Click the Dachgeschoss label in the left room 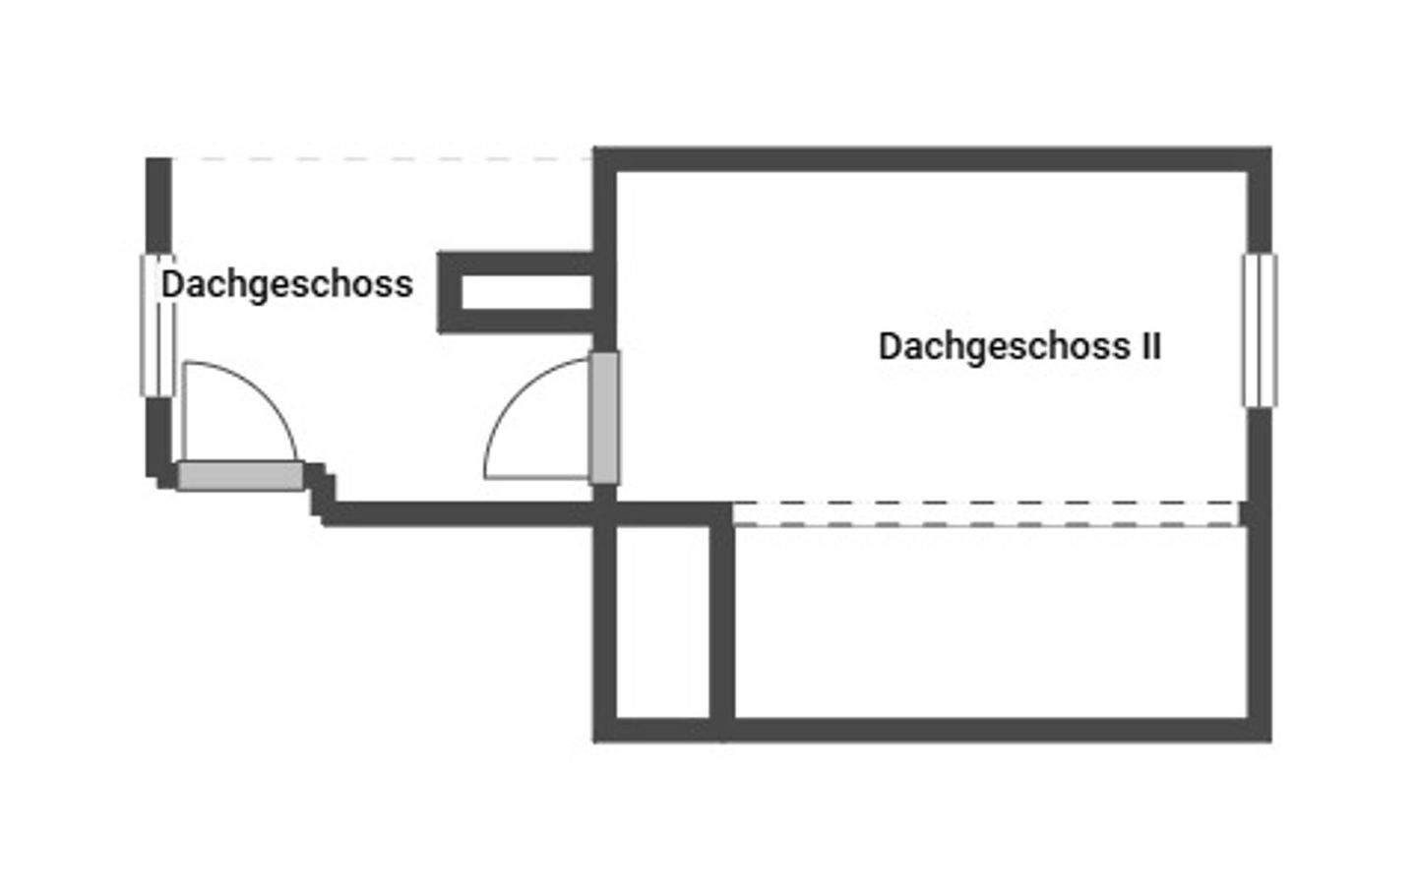click(286, 284)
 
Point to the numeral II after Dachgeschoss click(1150, 346)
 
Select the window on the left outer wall click(157, 326)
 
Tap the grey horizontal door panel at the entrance click(240, 476)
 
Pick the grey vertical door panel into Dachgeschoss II click(604, 418)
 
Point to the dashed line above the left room click(384, 158)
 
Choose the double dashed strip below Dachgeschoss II click(984, 513)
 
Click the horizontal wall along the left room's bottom click(462, 513)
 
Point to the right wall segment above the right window click(1260, 207)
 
